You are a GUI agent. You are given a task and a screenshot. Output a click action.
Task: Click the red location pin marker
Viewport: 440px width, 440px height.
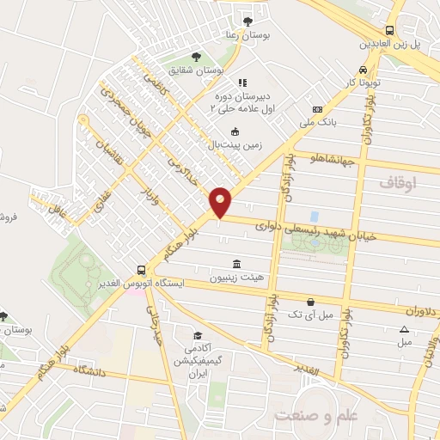coord(221,203)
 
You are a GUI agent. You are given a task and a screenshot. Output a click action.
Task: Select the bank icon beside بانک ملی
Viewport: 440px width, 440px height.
coord(317,110)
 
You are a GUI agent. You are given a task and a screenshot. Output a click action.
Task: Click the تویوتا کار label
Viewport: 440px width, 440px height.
coord(358,83)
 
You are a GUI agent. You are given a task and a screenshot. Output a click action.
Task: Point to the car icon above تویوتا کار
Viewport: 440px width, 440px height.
coord(363,70)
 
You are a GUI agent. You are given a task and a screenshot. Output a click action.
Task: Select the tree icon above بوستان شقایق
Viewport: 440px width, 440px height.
coord(197,57)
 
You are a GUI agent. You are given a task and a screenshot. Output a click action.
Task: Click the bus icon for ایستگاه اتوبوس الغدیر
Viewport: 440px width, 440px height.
coord(141,268)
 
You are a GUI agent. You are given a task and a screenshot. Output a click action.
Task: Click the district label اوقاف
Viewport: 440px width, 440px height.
coord(397,184)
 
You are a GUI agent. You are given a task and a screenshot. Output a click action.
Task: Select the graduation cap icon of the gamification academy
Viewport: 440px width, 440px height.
coord(198,335)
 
